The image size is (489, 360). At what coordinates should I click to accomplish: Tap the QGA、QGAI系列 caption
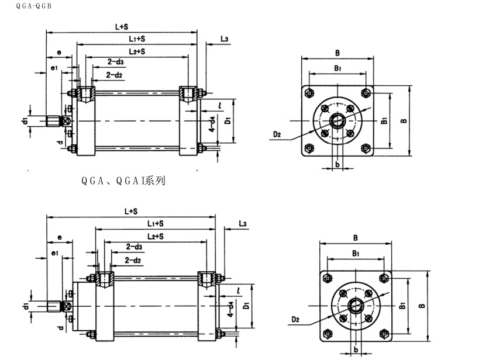(x=123, y=181)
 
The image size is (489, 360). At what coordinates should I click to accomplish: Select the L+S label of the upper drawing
(x=122, y=27)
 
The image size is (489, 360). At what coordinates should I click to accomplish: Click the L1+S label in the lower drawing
(x=154, y=224)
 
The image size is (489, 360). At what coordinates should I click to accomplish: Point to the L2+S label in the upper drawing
(x=137, y=52)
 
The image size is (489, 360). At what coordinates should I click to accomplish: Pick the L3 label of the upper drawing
(x=224, y=39)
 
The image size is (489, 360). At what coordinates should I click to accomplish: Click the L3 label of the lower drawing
(x=243, y=224)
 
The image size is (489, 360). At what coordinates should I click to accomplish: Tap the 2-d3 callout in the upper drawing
(x=115, y=63)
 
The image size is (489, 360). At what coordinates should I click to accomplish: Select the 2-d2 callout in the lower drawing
(x=132, y=260)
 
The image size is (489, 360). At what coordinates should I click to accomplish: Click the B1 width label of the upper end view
(x=338, y=69)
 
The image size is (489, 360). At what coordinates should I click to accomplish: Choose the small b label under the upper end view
(x=338, y=164)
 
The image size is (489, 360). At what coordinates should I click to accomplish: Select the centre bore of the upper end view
(x=338, y=121)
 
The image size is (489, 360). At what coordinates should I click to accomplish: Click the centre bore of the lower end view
(x=356, y=306)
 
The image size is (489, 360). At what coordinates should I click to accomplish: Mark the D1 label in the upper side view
(x=228, y=120)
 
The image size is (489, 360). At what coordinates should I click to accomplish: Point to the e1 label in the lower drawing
(x=54, y=252)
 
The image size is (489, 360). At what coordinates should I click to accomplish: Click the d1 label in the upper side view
(x=25, y=121)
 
